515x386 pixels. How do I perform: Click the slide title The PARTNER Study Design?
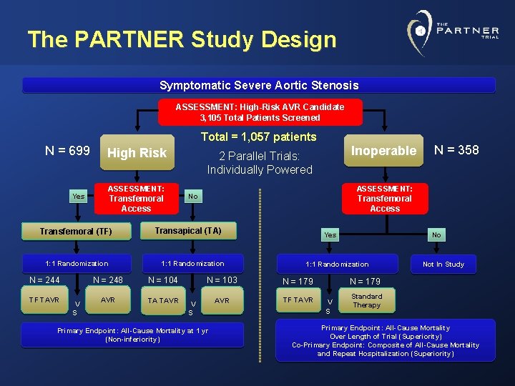(182, 39)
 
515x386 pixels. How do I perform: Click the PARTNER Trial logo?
(452, 33)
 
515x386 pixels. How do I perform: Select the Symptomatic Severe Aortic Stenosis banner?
(258, 85)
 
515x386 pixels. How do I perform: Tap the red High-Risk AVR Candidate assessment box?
(260, 112)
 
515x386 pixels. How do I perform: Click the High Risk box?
(137, 153)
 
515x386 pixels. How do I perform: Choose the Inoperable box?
(383, 151)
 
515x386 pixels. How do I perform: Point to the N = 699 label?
(67, 150)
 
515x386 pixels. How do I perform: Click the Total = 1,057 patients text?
(258, 137)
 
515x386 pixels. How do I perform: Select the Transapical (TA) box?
(188, 230)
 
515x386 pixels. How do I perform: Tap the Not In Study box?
(443, 264)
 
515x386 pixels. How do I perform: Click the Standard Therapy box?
(366, 301)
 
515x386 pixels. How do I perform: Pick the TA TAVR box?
(163, 300)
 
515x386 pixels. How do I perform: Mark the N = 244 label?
(44, 280)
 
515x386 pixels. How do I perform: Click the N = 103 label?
(222, 280)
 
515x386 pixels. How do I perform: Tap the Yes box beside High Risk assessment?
(78, 196)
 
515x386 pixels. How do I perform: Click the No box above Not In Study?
(436, 234)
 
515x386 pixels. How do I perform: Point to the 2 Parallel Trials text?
(260, 162)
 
